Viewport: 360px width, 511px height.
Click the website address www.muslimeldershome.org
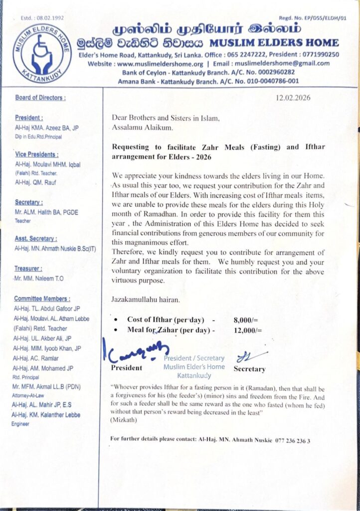coord(161,63)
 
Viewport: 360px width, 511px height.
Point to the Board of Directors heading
coord(40,98)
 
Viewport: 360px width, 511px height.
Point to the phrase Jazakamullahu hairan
coord(143,299)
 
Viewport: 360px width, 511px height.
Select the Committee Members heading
coord(42,298)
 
